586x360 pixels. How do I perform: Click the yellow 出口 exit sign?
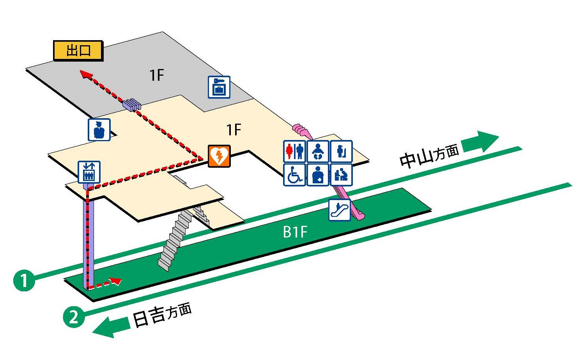pos(78,51)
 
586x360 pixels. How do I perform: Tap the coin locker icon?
pos(219,87)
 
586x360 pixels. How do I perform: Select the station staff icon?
pos(99,129)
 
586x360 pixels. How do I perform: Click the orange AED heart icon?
pos(219,156)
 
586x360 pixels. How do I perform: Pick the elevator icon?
pos(89,172)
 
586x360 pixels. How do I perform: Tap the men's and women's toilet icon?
pos(294,151)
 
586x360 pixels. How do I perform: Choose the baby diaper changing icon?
pos(318,151)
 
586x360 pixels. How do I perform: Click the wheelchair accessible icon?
pos(294,174)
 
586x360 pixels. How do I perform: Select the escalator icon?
pos(340,210)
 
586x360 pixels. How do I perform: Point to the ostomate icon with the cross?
pos(318,174)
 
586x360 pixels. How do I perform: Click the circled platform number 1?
pos(24,280)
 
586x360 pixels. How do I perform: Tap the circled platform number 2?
pos(74,316)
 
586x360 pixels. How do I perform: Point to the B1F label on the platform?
pos(295,232)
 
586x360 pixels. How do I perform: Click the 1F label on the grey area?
pos(157,75)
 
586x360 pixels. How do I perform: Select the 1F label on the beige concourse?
pos(234,129)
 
